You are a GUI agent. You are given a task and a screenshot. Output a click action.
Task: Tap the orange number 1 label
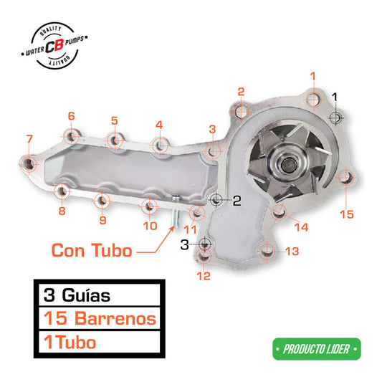coord(312,75)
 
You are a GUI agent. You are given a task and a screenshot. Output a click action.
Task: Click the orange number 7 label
coord(29,138)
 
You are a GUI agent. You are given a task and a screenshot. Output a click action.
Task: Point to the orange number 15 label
coord(347,214)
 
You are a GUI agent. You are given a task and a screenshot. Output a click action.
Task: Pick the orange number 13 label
coord(292,251)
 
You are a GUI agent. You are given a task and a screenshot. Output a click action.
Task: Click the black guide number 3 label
coord(184,244)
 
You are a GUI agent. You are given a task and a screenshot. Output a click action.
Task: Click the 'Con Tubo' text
coord(91,251)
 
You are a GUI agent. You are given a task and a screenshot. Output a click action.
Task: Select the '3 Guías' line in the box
coord(77,294)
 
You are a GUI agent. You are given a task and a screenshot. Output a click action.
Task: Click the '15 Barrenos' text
coord(99,317)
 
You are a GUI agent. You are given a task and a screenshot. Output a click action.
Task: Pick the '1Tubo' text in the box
coord(70,342)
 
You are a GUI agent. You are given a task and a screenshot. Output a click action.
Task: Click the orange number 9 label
coord(102,220)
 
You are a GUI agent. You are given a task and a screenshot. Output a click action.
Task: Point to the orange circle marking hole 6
coord(71,135)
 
